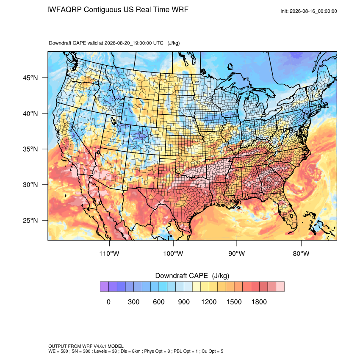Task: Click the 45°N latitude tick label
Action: coord(30,78)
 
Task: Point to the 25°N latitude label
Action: coord(30,220)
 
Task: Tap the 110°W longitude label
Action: coord(109,254)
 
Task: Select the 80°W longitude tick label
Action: coord(301,254)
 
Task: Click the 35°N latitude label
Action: coord(30,149)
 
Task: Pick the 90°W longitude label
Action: coord(237,254)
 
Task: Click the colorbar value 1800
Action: coord(259,302)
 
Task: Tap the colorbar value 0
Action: coord(108,302)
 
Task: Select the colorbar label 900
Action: coord(184,302)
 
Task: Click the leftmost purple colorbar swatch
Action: coord(104,287)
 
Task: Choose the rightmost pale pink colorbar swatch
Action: coord(280,287)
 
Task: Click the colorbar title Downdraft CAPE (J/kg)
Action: coord(192,276)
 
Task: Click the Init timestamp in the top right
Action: coord(309,11)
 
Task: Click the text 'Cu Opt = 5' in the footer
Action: coord(212,351)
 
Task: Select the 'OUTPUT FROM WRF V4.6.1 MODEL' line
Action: coord(86,346)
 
